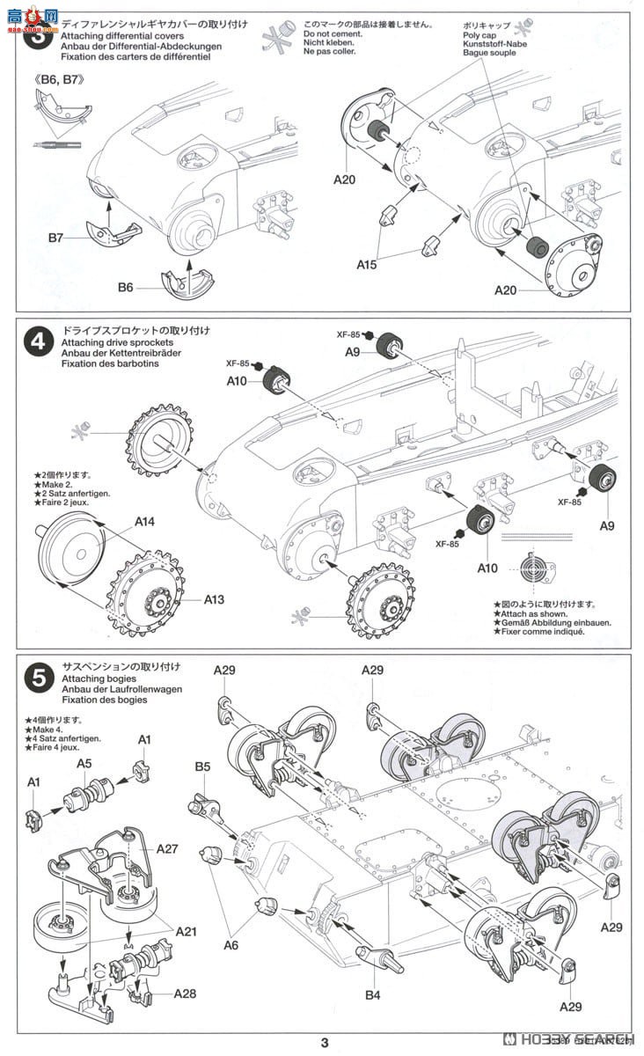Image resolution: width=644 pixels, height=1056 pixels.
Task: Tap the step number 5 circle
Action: (x=37, y=678)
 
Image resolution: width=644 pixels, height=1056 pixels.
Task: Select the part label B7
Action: (x=55, y=238)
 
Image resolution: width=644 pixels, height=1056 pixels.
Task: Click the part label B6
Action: (x=125, y=287)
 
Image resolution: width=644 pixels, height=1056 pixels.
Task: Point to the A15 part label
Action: (x=368, y=263)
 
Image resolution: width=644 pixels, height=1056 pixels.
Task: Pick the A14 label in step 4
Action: (x=145, y=522)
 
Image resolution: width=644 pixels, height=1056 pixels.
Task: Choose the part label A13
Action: (x=214, y=599)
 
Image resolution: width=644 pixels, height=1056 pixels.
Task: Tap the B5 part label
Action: (x=202, y=766)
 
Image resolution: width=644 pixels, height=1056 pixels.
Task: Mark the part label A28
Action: (x=185, y=994)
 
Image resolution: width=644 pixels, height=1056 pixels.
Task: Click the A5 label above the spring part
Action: (x=83, y=764)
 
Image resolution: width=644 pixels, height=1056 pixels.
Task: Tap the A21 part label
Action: (x=186, y=930)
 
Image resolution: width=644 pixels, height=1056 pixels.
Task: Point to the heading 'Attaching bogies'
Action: (x=98, y=678)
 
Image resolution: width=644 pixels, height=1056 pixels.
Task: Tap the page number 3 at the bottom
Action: (x=325, y=1044)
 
